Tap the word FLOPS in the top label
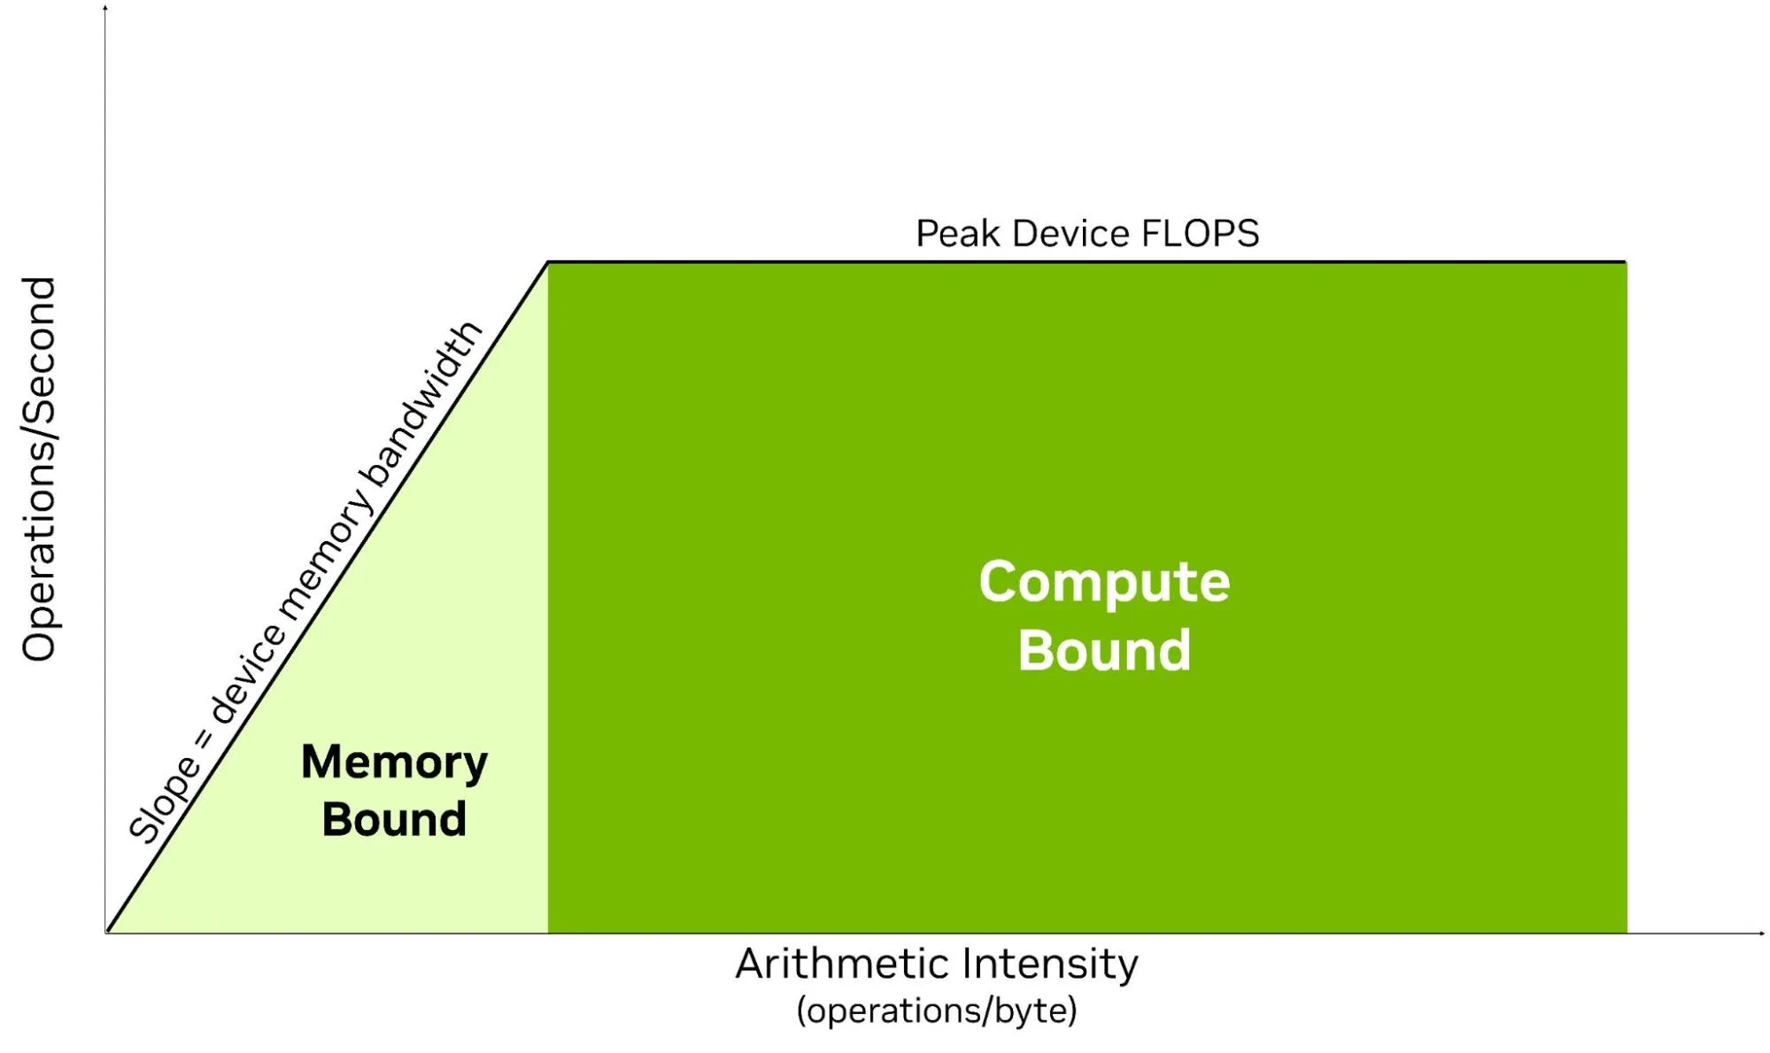(1200, 234)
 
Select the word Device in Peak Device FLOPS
(1071, 234)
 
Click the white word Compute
(1104, 583)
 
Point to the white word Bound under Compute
(1104, 650)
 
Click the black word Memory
(394, 763)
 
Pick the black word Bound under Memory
(394, 819)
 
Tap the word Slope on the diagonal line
(165, 799)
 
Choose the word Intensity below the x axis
(1050, 964)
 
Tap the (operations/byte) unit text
(937, 1010)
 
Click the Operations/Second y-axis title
(39, 469)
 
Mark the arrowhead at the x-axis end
(1762, 933)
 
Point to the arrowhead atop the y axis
(105, 8)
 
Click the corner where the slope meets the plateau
(548, 262)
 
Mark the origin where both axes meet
(106, 933)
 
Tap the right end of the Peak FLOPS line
(1626, 262)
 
